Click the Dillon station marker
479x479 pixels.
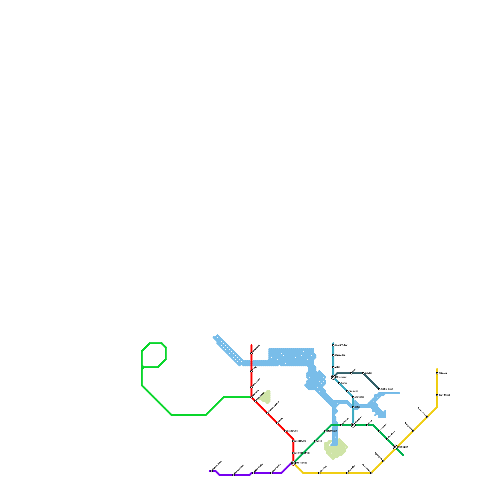point(353,407)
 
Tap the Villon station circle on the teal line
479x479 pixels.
point(333,367)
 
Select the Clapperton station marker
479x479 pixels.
point(333,355)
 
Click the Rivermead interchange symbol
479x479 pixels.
point(333,377)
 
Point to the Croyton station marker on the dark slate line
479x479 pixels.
point(363,373)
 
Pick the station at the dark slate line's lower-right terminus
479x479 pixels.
point(379,389)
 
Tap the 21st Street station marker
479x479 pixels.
point(325,431)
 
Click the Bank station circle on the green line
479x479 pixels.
point(315,441)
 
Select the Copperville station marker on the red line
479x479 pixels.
point(293,441)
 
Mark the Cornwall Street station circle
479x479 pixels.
point(293,453)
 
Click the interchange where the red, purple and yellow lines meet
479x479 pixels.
point(293,463)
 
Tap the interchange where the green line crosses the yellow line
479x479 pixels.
point(395,447)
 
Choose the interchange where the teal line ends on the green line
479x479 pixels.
point(353,425)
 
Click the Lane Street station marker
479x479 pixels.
point(255,401)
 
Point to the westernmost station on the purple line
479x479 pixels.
point(212,471)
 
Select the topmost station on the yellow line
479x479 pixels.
point(437,373)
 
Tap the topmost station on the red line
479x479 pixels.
point(251,353)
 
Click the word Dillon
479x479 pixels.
point(357,407)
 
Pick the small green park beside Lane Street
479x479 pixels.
point(266,397)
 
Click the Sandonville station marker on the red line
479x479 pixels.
point(285,431)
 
